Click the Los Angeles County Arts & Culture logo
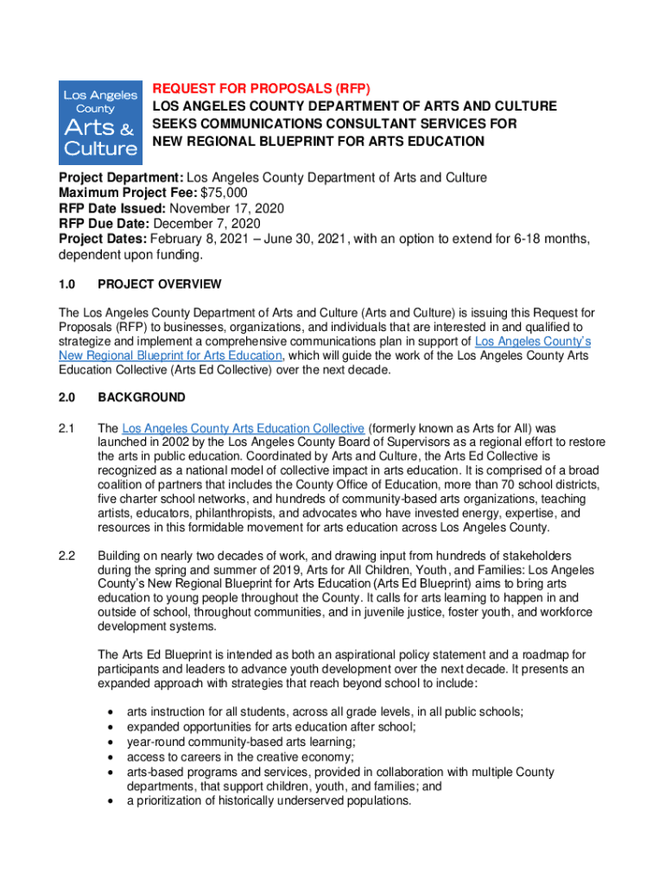click(100, 122)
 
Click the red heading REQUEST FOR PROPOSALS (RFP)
click(261, 89)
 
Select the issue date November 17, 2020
click(227, 208)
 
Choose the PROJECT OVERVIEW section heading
click(160, 284)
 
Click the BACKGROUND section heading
click(142, 398)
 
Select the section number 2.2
click(67, 556)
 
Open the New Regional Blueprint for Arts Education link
click(170, 355)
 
